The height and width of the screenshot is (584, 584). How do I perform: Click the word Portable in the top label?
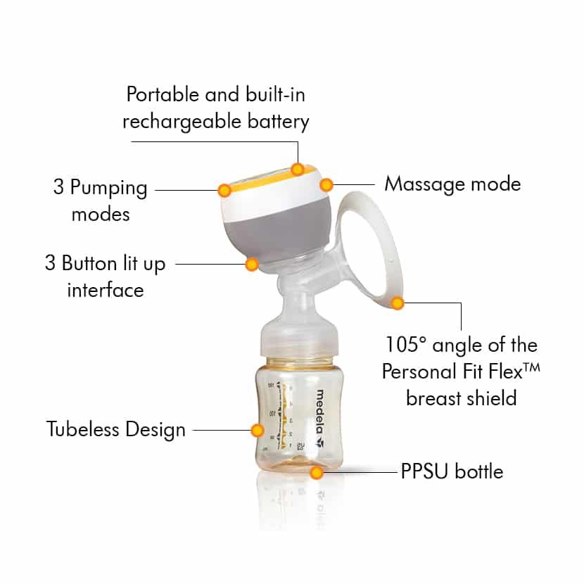coord(162,94)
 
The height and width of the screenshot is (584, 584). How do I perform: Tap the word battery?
coord(278,122)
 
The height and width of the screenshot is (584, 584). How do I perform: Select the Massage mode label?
coord(452,184)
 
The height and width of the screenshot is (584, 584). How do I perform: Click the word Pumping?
coord(108,188)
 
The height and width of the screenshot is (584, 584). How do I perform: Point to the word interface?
coord(106,290)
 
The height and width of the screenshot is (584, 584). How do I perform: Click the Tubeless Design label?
coord(116,429)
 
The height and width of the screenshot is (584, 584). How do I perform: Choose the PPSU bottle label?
coord(452,471)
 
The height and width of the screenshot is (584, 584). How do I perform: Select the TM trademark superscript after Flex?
coord(531,368)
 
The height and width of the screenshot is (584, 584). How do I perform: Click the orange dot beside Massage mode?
coord(326,184)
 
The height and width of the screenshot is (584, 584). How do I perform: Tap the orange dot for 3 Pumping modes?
coord(224,190)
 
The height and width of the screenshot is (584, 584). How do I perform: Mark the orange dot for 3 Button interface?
coord(252,265)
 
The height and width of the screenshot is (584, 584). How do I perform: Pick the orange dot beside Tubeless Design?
coord(258,430)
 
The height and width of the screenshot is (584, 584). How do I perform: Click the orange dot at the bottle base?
coord(316,473)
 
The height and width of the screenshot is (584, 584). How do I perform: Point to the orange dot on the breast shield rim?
coord(398,303)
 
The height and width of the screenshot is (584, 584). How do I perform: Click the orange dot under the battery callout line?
coord(298,170)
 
